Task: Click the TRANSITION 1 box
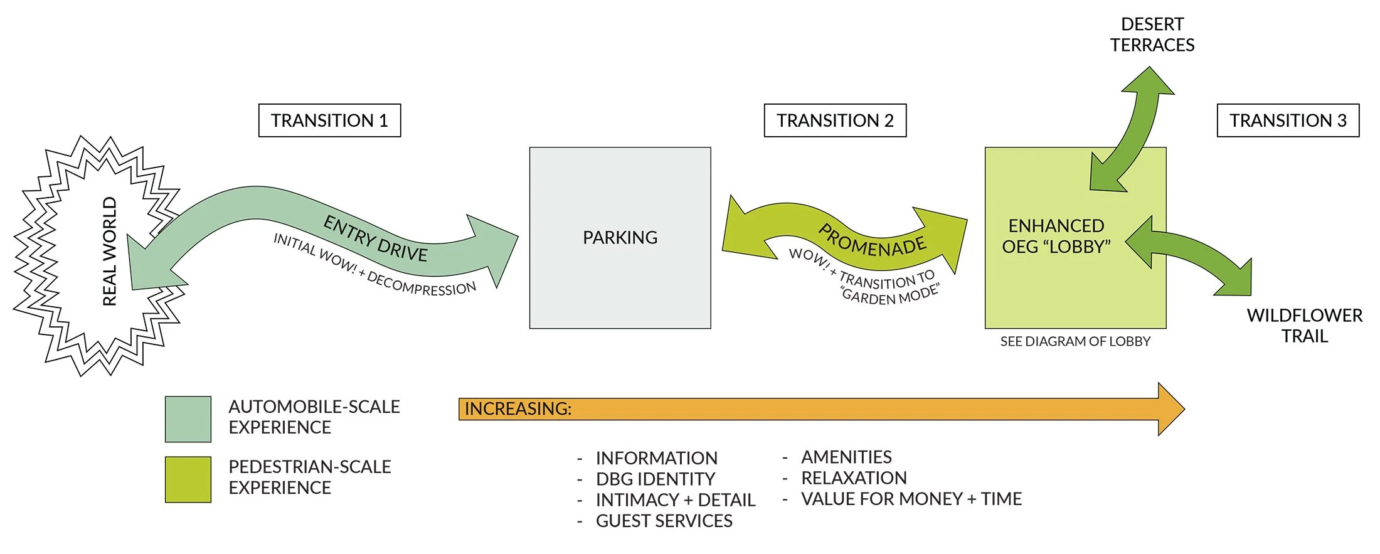pyautogui.click(x=329, y=120)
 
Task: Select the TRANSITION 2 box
pyautogui.click(x=835, y=120)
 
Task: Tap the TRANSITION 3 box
pyautogui.click(x=1288, y=120)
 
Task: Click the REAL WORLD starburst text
pyautogui.click(x=110, y=251)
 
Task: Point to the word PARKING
pyautogui.click(x=620, y=238)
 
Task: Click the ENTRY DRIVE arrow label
pyautogui.click(x=375, y=238)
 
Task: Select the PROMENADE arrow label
pyautogui.click(x=872, y=242)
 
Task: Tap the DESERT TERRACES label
pyautogui.click(x=1152, y=35)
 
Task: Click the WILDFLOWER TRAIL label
pyautogui.click(x=1304, y=326)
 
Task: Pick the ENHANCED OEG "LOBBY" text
pyautogui.click(x=1056, y=236)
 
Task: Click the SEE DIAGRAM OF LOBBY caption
pyautogui.click(x=1075, y=342)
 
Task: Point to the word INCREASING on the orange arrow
pyautogui.click(x=517, y=409)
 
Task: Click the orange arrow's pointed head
pyautogui.click(x=1170, y=409)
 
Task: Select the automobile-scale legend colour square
pyautogui.click(x=188, y=419)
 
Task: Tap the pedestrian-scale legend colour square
pyautogui.click(x=188, y=479)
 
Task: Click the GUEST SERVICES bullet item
pyautogui.click(x=664, y=521)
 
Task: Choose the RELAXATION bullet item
pyautogui.click(x=854, y=478)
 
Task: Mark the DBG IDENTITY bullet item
pyautogui.click(x=655, y=479)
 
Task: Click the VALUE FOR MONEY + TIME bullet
pyautogui.click(x=911, y=499)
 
